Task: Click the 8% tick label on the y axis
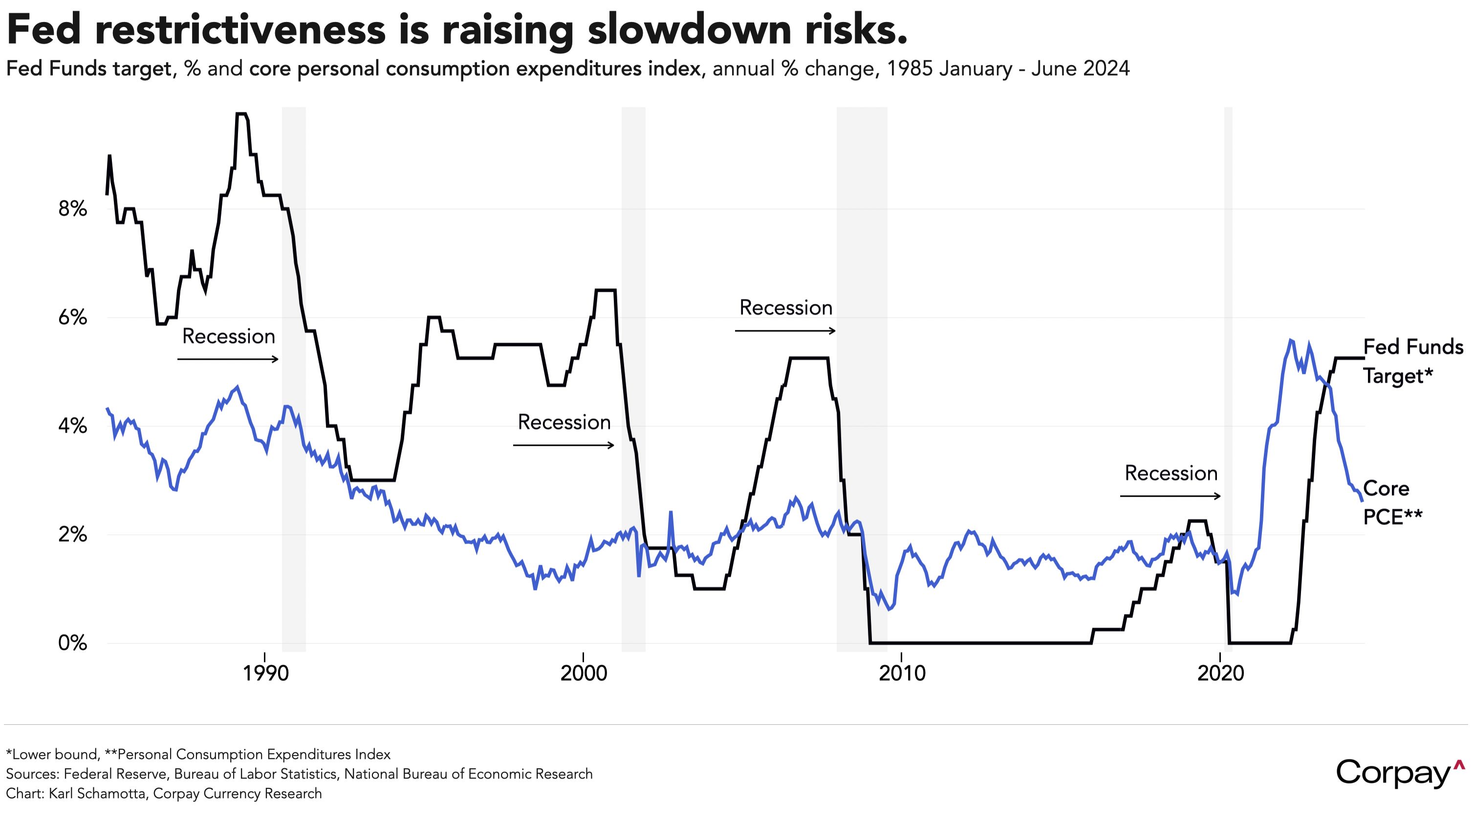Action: pos(73,209)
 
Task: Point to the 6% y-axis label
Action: pos(73,317)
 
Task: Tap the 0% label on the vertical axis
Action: pos(73,643)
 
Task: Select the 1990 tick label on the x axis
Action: pos(265,673)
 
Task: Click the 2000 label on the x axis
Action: pos(584,673)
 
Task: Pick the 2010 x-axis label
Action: pos(902,673)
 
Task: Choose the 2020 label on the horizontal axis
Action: pos(1220,673)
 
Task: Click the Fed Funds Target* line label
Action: pos(1413,361)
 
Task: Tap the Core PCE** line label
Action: pos(1391,502)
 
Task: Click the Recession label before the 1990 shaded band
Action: pos(228,337)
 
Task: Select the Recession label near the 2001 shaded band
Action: pos(564,422)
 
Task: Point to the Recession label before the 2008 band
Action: pos(786,308)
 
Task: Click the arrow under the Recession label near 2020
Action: pos(1170,496)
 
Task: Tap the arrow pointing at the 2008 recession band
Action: pos(785,331)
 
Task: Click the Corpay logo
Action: pos(1400,774)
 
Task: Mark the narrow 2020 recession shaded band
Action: pos(1228,378)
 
